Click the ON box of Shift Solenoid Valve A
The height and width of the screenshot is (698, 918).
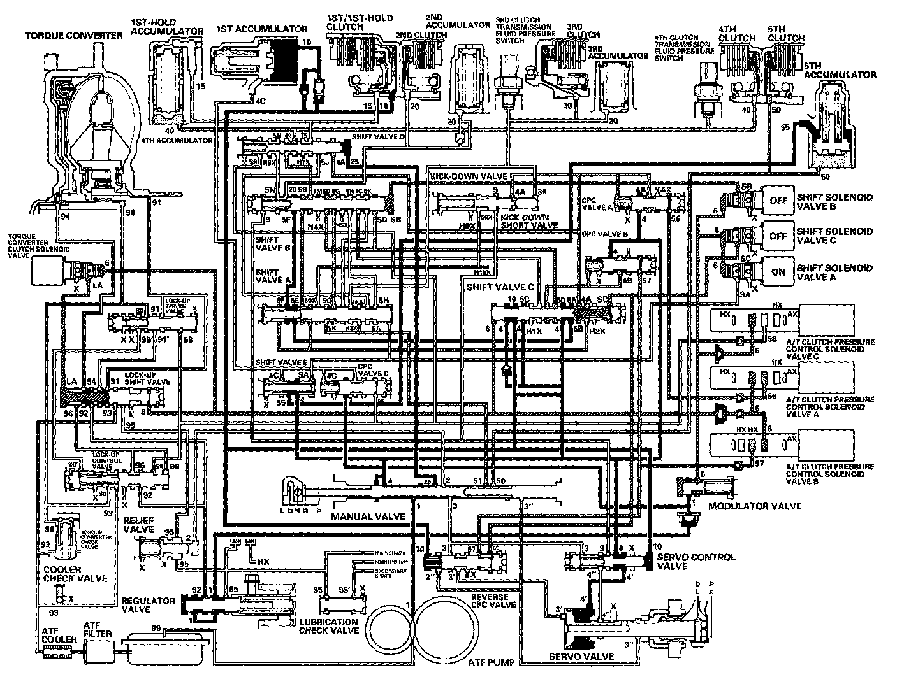point(778,272)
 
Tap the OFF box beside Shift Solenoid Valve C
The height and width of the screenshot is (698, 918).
point(778,236)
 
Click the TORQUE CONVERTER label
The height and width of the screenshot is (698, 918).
point(74,35)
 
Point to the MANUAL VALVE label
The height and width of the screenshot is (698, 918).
point(368,516)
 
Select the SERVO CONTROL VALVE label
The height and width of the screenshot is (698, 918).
point(696,561)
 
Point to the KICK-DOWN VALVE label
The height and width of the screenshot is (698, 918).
point(469,176)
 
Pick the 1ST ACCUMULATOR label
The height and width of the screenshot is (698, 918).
point(261,29)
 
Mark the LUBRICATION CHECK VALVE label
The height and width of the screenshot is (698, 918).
point(328,626)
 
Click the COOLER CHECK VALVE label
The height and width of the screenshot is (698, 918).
point(75,574)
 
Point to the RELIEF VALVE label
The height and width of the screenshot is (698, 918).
point(138,525)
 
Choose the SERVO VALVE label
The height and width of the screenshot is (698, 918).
point(582,657)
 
